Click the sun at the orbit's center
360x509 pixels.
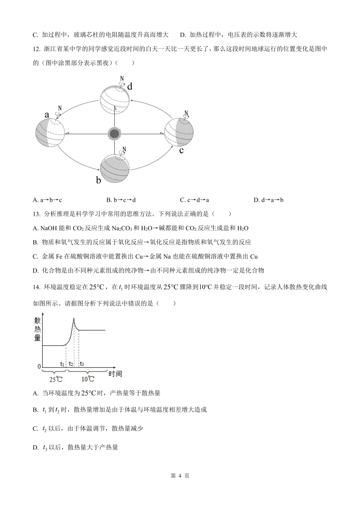pos(114,134)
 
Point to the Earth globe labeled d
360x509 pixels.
pos(115,99)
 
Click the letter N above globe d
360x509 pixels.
pos(122,79)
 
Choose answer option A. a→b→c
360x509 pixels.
pos(47,200)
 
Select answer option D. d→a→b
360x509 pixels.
pos(268,200)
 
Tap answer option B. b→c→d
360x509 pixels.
pos(121,200)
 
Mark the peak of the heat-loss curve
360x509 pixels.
pos(74,319)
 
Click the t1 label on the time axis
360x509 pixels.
pos(62,364)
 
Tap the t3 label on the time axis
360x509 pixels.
pos(82,364)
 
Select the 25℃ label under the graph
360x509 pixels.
pos(56,379)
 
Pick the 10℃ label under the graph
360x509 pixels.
pos(88,379)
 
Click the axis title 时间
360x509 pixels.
pos(115,374)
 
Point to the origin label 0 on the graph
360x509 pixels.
pos(39,366)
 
